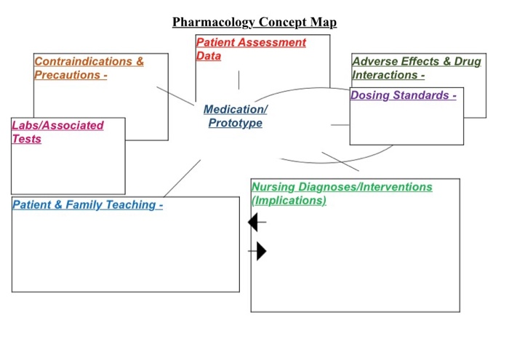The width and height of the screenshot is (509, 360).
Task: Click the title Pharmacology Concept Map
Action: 254,22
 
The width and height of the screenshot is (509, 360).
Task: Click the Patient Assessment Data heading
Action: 251,49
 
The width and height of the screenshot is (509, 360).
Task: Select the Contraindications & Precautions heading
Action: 89,68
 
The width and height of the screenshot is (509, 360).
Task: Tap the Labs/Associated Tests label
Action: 57,132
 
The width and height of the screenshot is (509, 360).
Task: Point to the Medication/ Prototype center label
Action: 235,116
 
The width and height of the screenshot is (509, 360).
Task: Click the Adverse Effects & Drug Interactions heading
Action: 416,68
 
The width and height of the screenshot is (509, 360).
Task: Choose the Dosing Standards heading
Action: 403,95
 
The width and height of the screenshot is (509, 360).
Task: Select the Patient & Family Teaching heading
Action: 87,205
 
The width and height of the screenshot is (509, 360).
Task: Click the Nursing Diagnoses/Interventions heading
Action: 342,193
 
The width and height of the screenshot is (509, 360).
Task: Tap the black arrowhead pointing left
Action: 254,222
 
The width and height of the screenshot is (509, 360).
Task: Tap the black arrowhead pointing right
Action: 261,252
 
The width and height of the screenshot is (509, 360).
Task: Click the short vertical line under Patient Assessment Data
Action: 239,79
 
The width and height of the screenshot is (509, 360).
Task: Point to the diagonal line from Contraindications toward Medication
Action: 175,95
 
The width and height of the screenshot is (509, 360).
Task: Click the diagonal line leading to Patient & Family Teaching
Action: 182,178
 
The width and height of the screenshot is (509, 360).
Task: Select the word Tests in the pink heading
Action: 27,139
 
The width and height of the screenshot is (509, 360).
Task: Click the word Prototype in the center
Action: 235,123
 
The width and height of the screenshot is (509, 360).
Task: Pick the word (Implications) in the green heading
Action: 289,201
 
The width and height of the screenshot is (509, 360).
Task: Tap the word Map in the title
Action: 323,22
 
